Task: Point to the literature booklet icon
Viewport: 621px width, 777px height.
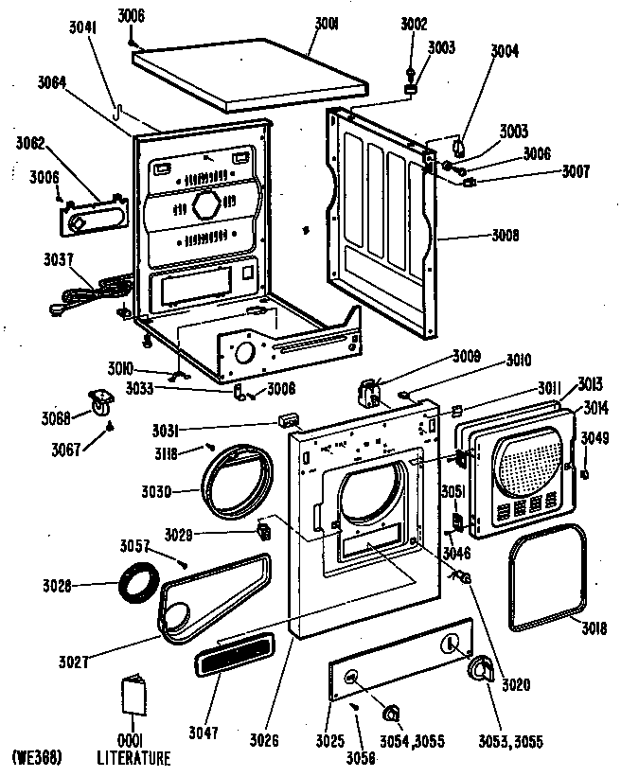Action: point(133,699)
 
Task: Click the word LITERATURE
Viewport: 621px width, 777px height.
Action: point(133,758)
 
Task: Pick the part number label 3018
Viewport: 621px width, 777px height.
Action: point(594,627)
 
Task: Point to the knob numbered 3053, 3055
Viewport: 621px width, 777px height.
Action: point(483,671)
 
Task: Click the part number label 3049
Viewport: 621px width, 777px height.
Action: point(594,437)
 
